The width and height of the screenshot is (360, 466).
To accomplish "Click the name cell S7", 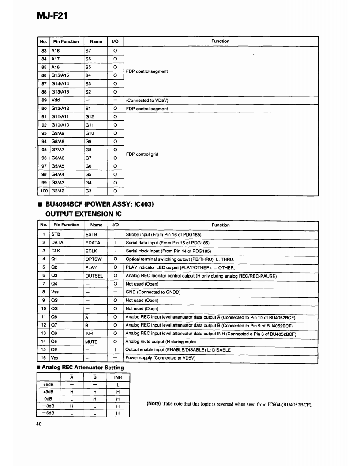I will point(88,51).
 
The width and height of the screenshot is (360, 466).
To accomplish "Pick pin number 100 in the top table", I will point(44,191).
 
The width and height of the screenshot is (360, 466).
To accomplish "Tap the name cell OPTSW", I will point(94,259).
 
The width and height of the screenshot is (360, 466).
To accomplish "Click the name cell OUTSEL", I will point(94,276).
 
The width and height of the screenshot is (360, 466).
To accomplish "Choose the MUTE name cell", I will point(91,342).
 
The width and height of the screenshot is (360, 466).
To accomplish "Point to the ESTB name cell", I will point(91,234).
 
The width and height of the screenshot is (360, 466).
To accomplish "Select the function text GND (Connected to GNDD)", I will point(153,292).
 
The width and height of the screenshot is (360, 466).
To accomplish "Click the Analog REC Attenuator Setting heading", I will point(82,368).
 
